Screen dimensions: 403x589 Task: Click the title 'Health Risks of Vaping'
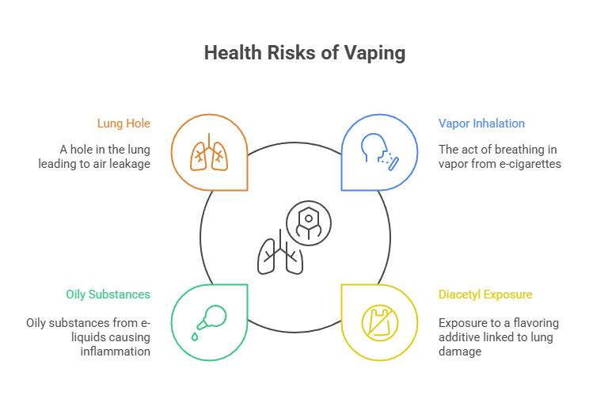[x=304, y=53]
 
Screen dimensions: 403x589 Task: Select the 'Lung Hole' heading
[x=123, y=124]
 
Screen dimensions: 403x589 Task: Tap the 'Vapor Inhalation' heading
[x=481, y=124]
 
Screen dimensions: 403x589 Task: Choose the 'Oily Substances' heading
[x=108, y=295]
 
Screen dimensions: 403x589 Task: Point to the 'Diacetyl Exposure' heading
[x=485, y=295]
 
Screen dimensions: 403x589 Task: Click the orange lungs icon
[x=209, y=152]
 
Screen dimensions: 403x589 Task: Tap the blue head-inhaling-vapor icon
[x=379, y=152]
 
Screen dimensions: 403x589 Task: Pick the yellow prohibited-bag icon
[x=378, y=321]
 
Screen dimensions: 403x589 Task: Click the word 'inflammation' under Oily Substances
[x=115, y=351]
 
